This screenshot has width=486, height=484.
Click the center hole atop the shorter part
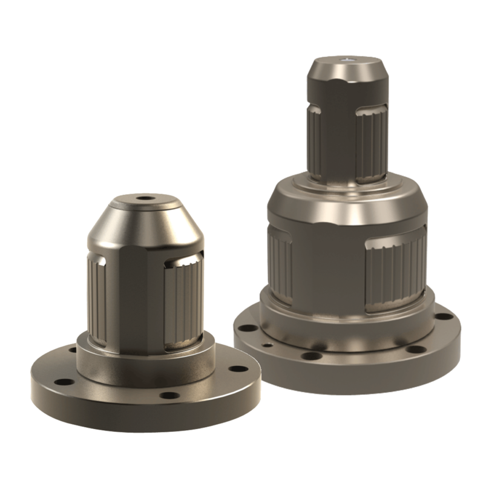tap(143, 198)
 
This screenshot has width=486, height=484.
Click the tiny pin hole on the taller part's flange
tap(268, 346)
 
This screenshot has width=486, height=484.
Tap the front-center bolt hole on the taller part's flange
tap(311, 357)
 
